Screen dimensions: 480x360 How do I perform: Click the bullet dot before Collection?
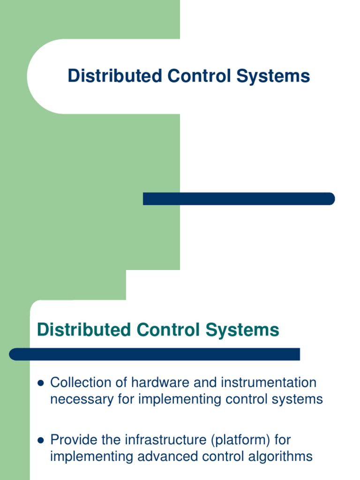(40, 383)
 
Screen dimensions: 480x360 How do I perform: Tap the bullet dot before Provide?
(40, 441)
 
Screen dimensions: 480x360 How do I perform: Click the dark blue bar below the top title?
(239, 199)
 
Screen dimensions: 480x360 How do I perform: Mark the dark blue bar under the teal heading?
(155, 354)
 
